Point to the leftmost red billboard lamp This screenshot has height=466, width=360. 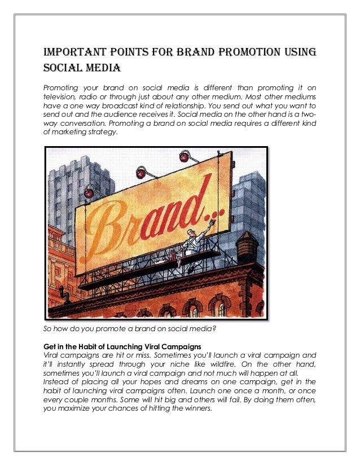pyautogui.click(x=89, y=193)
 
